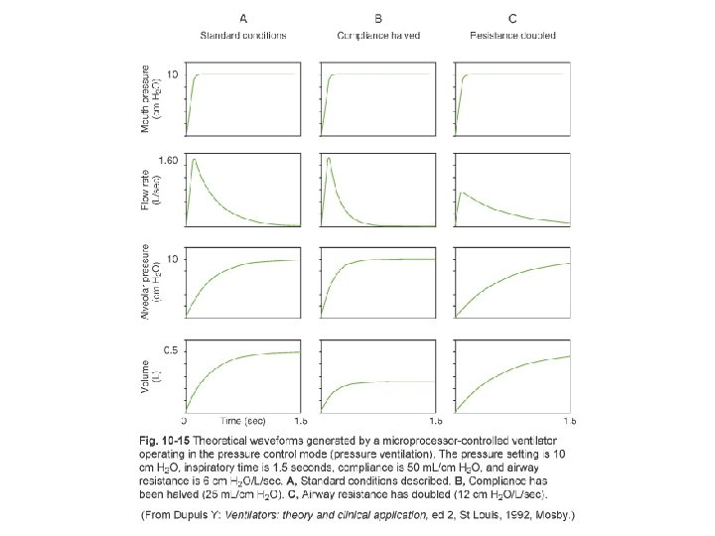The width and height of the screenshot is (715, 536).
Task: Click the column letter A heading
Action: (242, 18)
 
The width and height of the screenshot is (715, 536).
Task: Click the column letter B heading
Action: (378, 18)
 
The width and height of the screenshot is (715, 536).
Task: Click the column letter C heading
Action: (511, 18)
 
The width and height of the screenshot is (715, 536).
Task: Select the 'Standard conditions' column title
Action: (243, 36)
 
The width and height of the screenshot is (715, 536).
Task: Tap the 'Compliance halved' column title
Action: (378, 36)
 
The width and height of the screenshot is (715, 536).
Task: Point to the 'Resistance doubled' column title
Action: (511, 36)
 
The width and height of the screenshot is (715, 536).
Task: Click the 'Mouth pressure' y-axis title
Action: (149, 99)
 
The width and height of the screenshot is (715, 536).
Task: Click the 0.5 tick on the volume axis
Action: (171, 351)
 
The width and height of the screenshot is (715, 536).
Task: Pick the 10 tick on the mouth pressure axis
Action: (173, 74)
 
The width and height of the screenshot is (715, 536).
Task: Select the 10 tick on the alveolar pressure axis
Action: (173, 260)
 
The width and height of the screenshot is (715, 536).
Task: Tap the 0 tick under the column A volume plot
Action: (186, 421)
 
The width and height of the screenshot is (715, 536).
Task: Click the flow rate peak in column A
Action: (195, 159)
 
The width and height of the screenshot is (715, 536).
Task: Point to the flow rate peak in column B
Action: (328, 159)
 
